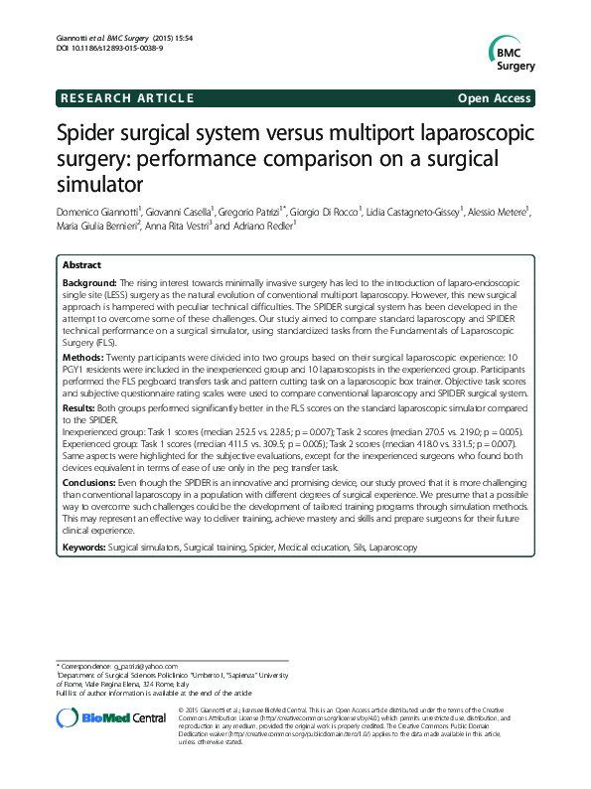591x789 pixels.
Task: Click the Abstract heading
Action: coord(81,266)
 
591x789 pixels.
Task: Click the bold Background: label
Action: coord(89,284)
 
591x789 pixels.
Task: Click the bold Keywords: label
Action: coord(84,547)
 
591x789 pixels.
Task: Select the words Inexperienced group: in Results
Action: coord(96,434)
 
